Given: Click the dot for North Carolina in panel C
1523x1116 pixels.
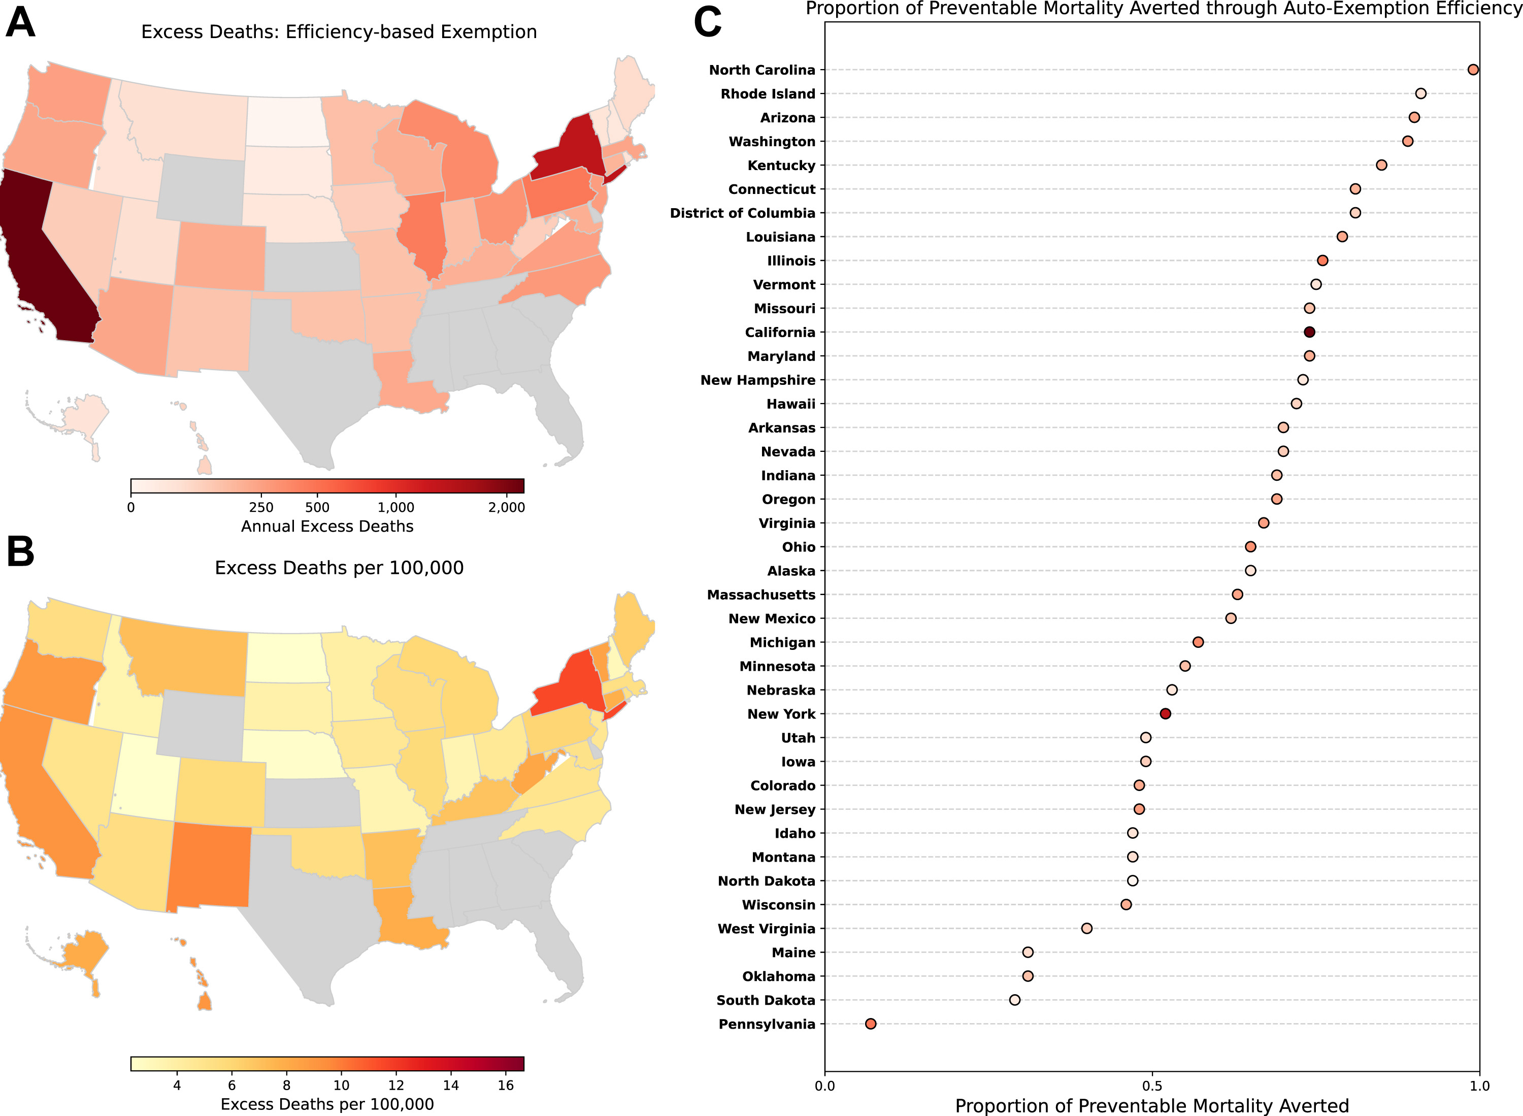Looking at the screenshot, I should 1473,70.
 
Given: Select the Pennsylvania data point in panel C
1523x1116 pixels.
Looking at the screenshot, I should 871,1024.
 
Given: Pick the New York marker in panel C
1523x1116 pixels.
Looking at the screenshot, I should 1165,714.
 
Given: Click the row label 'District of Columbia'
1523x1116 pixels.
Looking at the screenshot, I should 742,213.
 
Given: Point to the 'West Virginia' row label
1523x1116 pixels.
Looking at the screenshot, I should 767,929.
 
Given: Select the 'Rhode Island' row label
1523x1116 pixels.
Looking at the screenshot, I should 768,94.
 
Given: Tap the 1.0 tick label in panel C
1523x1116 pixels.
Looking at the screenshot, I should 1479,1086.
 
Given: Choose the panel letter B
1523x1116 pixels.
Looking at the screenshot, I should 20,552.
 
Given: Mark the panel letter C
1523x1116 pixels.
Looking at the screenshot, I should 708,23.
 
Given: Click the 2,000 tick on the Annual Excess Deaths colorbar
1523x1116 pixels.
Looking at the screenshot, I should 507,507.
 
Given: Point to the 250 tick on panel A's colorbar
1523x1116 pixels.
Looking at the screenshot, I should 261,507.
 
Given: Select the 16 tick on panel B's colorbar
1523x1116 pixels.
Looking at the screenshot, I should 506,1085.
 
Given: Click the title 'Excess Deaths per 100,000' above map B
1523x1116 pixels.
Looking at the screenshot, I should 339,568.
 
